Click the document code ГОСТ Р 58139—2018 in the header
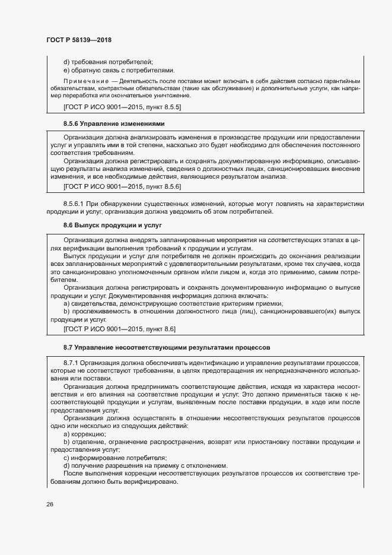78,40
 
